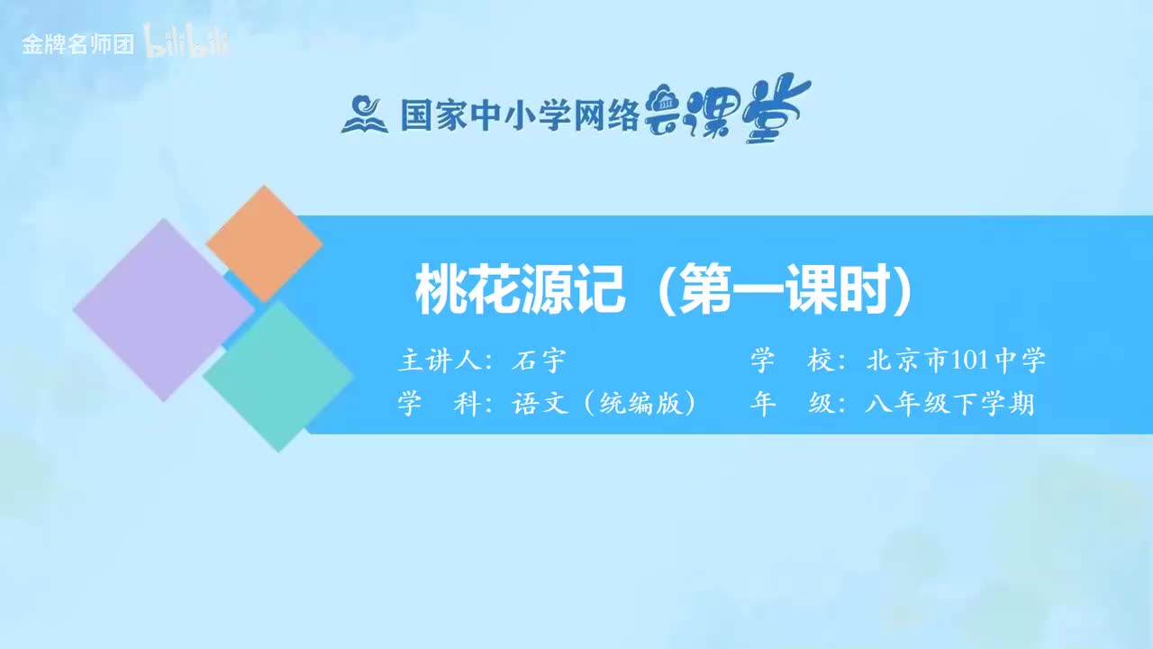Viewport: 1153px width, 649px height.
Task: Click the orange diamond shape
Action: click(x=264, y=243)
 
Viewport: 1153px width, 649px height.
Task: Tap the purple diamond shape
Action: click(x=163, y=309)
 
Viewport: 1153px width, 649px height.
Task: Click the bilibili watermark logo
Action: click(x=186, y=42)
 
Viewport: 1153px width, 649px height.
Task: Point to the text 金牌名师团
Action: click(x=77, y=44)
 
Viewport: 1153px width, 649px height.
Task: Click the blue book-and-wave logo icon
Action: click(x=364, y=114)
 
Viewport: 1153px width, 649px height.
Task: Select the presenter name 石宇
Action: click(x=538, y=361)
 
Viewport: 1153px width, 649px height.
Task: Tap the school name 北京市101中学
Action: click(x=956, y=361)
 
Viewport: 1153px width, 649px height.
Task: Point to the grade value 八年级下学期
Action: click(x=949, y=404)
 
